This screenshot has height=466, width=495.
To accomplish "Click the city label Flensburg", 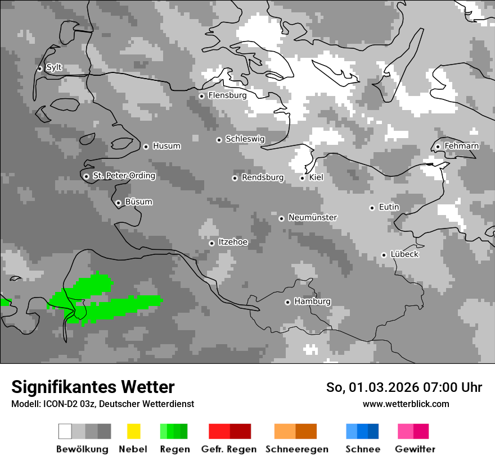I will [x=227, y=95].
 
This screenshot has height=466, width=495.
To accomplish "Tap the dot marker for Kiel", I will [x=302, y=178].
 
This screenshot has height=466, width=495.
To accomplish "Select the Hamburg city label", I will [x=312, y=301].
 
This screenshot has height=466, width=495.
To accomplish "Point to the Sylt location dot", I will [x=39, y=68].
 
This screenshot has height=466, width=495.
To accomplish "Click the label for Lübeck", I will [x=404, y=254].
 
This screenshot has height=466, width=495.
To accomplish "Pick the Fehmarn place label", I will [x=461, y=146].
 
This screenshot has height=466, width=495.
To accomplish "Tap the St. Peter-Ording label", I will [x=124, y=176].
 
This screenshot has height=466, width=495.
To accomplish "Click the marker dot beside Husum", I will [x=146, y=147].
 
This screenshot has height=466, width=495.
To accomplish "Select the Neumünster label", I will [x=312, y=217].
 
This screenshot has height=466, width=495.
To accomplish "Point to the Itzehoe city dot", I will [x=211, y=243].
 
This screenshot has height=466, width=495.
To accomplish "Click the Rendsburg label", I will [x=262, y=177].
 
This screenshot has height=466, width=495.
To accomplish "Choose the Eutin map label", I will [x=389, y=207].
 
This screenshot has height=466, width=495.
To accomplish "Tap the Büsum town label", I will [x=138, y=202].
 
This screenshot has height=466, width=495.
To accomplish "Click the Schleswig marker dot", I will [x=219, y=140].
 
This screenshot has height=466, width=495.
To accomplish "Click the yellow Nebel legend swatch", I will [x=133, y=431].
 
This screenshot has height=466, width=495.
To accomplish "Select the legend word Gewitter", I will [x=415, y=449].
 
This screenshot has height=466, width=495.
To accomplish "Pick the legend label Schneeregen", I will [x=296, y=449].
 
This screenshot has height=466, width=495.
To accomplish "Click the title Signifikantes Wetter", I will [x=93, y=387].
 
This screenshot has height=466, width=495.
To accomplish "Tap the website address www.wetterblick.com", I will [x=406, y=404].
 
